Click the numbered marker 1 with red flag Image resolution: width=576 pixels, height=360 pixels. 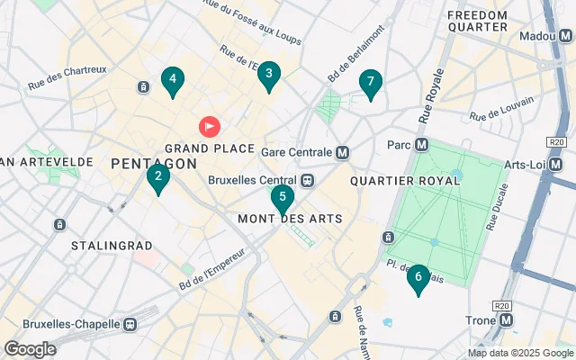point(209,127)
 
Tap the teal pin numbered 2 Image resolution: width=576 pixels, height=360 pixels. point(158,177)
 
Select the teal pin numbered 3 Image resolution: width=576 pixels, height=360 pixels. point(268,76)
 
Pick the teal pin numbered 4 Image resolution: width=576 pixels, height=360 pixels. point(172,81)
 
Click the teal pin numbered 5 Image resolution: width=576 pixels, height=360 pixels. point(283,197)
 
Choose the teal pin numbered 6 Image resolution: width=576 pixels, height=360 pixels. point(418,278)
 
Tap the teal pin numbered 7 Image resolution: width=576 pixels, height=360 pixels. point(370,83)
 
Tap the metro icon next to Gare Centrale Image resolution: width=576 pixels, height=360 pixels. point(343,152)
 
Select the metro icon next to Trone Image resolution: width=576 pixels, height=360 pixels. point(507,319)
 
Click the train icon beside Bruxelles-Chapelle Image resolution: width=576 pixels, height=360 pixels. point(132,323)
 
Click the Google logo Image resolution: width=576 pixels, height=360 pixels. point(30,348)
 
